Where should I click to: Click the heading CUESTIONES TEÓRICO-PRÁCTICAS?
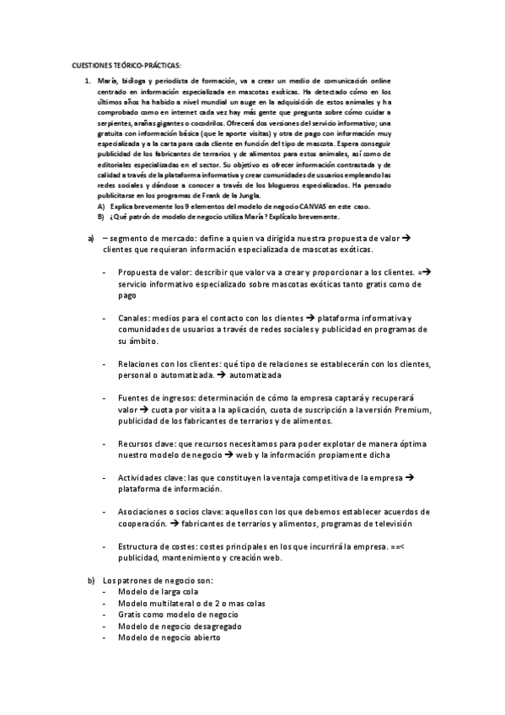[x=126, y=65]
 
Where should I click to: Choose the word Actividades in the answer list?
[x=142, y=477]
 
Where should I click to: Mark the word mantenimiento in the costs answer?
[x=189, y=557]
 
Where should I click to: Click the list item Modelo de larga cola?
[x=159, y=593]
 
